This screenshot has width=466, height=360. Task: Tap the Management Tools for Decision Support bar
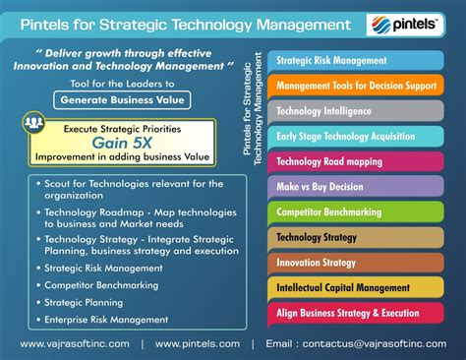pyautogui.click(x=356, y=87)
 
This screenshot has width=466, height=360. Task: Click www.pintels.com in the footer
pyautogui.click(x=197, y=344)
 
